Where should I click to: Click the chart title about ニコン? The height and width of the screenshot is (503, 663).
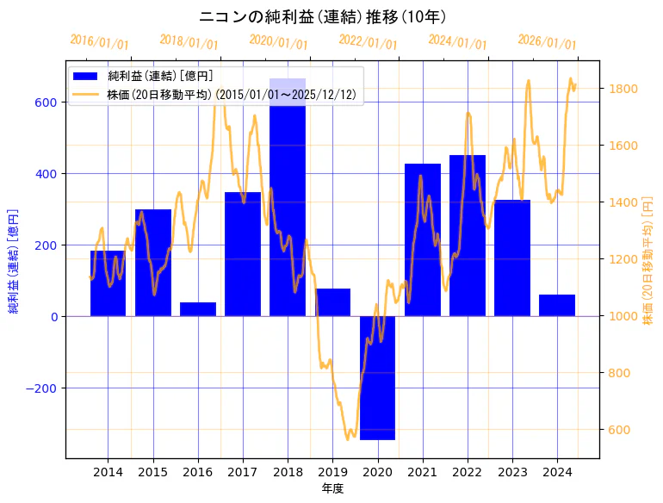click(322, 17)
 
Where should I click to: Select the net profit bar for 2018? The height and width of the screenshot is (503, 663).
click(288, 198)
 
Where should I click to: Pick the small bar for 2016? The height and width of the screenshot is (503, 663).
click(198, 309)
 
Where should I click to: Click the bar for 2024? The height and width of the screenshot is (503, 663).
click(557, 306)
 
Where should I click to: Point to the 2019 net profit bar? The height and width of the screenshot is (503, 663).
click(332, 302)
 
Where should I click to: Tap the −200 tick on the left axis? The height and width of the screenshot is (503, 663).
click(42, 388)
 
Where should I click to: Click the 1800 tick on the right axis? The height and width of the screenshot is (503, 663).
click(623, 89)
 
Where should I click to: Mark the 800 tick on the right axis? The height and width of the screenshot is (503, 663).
click(620, 373)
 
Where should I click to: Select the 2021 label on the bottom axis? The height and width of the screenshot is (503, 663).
click(422, 472)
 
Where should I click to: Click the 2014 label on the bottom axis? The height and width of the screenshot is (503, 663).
click(108, 472)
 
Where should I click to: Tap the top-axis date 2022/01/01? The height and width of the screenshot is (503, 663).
click(368, 43)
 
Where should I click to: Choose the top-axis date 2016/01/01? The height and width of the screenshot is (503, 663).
click(99, 43)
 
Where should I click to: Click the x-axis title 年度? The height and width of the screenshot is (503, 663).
click(331, 487)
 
